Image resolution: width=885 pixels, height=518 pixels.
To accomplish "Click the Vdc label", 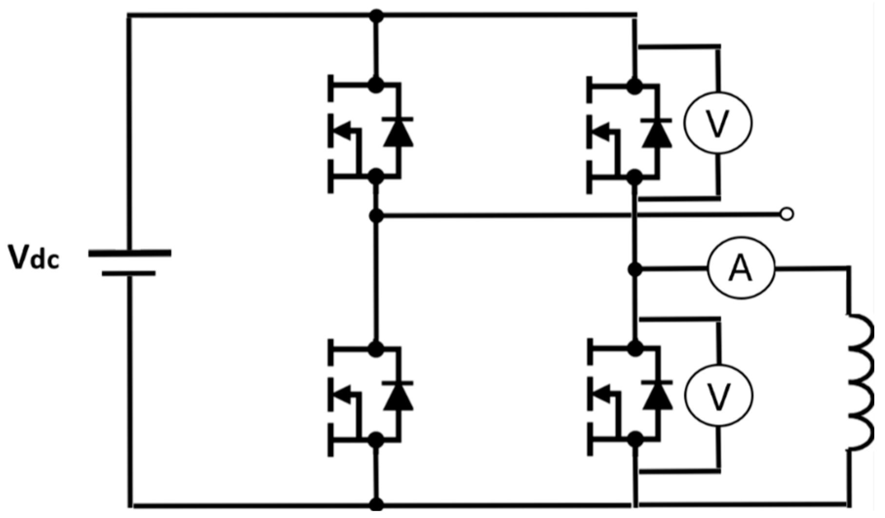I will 34,258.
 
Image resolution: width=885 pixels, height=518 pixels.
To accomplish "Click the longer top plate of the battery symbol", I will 130,253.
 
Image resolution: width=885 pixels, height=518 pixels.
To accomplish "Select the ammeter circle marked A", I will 740,269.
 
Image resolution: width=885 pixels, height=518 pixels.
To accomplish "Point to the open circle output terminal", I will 787,214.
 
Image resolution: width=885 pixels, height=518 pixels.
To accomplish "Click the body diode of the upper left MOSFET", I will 398,132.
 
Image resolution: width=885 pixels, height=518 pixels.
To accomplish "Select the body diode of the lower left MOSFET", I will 398,396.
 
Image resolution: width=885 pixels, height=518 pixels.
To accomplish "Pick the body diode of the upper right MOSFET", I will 657,132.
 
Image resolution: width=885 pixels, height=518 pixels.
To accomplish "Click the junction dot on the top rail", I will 376,16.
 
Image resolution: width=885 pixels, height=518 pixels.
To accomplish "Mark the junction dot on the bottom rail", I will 376,504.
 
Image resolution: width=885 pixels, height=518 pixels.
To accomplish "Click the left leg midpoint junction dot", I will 376,215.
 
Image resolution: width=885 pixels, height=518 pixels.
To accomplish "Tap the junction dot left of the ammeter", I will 635,269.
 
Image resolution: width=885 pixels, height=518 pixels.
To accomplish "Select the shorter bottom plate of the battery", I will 129,273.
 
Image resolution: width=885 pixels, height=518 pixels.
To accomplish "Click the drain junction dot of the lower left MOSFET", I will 375,349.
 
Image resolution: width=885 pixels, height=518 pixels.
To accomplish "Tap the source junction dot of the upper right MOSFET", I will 634,176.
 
